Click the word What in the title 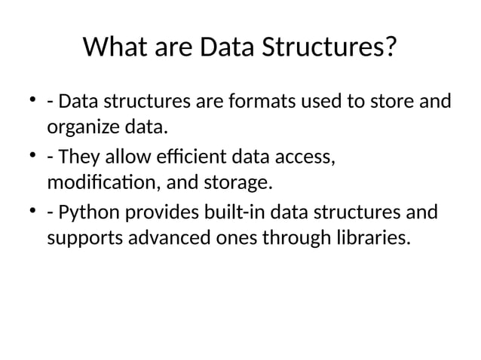click(x=114, y=48)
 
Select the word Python click(x=84, y=214)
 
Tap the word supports click(x=84, y=239)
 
